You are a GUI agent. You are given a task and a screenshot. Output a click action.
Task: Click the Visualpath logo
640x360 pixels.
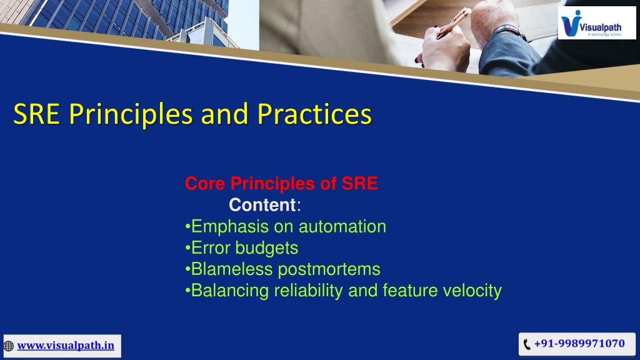(x=597, y=23)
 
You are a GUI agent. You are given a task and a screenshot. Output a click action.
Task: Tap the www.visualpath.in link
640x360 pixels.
(x=66, y=346)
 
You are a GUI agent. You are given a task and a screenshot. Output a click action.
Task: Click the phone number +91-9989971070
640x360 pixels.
(x=579, y=344)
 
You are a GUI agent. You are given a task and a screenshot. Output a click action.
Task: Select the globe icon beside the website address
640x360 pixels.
(x=9, y=346)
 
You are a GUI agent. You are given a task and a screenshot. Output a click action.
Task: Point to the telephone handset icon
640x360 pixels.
(x=527, y=344)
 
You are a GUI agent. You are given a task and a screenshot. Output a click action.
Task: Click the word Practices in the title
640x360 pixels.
(x=314, y=114)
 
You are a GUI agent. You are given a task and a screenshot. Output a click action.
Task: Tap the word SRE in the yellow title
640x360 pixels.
(x=37, y=114)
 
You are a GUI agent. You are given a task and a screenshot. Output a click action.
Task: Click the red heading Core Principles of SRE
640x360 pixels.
(x=281, y=183)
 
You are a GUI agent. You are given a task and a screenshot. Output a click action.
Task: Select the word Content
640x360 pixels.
(x=262, y=205)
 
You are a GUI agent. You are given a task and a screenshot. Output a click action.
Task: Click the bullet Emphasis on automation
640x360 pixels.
(x=286, y=226)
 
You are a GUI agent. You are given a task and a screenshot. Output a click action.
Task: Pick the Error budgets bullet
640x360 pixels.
(x=242, y=247)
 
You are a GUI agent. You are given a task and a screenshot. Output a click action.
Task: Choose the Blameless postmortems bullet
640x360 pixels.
(x=282, y=269)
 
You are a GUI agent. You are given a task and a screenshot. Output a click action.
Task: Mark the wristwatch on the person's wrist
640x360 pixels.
(x=509, y=31)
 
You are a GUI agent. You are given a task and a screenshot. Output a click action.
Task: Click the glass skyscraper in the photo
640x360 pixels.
(x=122, y=18)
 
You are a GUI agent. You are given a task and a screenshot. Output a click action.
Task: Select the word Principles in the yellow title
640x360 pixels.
(x=131, y=114)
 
